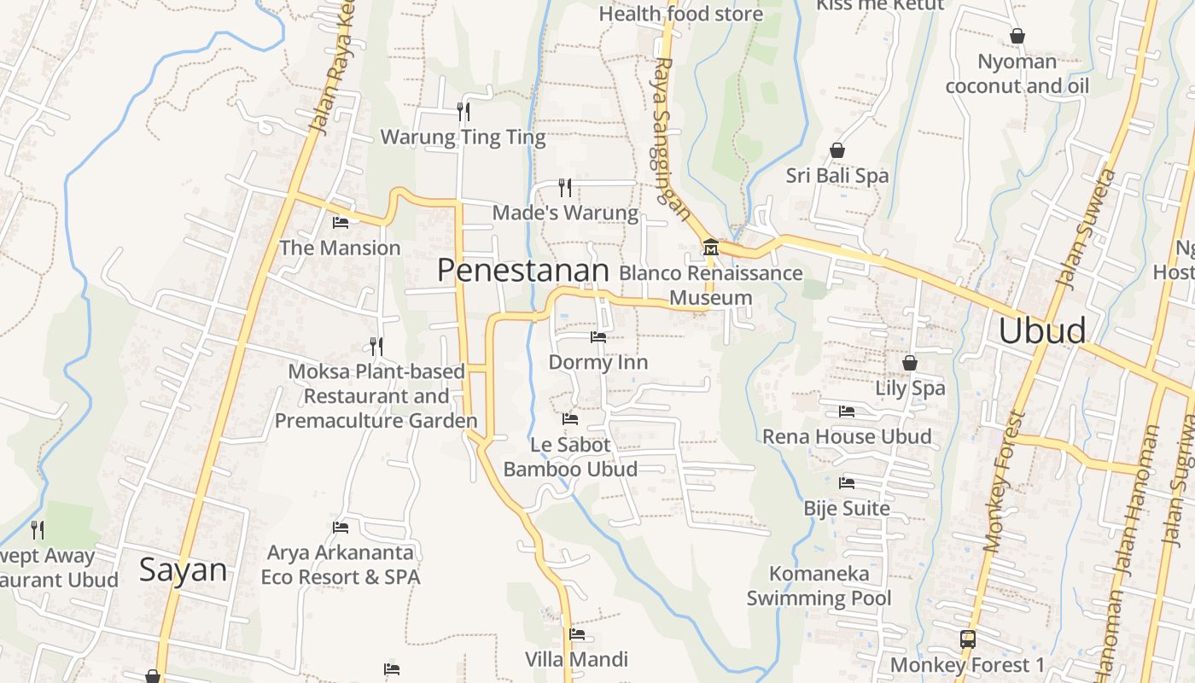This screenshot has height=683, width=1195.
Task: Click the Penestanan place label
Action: pos(522,271)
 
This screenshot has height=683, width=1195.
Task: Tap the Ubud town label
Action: pos(1041,330)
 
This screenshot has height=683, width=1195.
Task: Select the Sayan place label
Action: pos(183,569)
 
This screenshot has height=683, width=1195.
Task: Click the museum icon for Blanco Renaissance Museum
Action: pos(710,248)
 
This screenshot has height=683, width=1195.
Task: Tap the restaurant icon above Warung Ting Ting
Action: pos(463,111)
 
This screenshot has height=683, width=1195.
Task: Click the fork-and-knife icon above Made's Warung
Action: pos(565,187)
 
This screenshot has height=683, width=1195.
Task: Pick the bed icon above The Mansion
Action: pos(340,223)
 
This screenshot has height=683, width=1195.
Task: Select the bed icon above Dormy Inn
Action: pos(597,337)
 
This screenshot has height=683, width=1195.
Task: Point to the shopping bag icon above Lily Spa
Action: pos(910,363)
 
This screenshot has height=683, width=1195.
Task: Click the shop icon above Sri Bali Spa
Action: pos(837,150)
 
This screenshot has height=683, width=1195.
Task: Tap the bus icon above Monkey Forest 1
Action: pos(967,639)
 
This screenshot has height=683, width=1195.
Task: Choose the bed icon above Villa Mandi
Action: pos(577,634)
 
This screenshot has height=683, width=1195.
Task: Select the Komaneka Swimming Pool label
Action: pos(819,586)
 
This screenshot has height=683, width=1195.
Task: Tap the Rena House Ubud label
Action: pos(847,436)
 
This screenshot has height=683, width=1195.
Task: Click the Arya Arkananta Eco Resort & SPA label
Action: pos(341,565)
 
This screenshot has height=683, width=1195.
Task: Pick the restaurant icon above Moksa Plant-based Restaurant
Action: pos(376,346)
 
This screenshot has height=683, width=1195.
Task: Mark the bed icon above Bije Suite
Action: pos(847,483)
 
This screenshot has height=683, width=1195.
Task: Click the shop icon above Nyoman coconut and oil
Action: pos(1017,36)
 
